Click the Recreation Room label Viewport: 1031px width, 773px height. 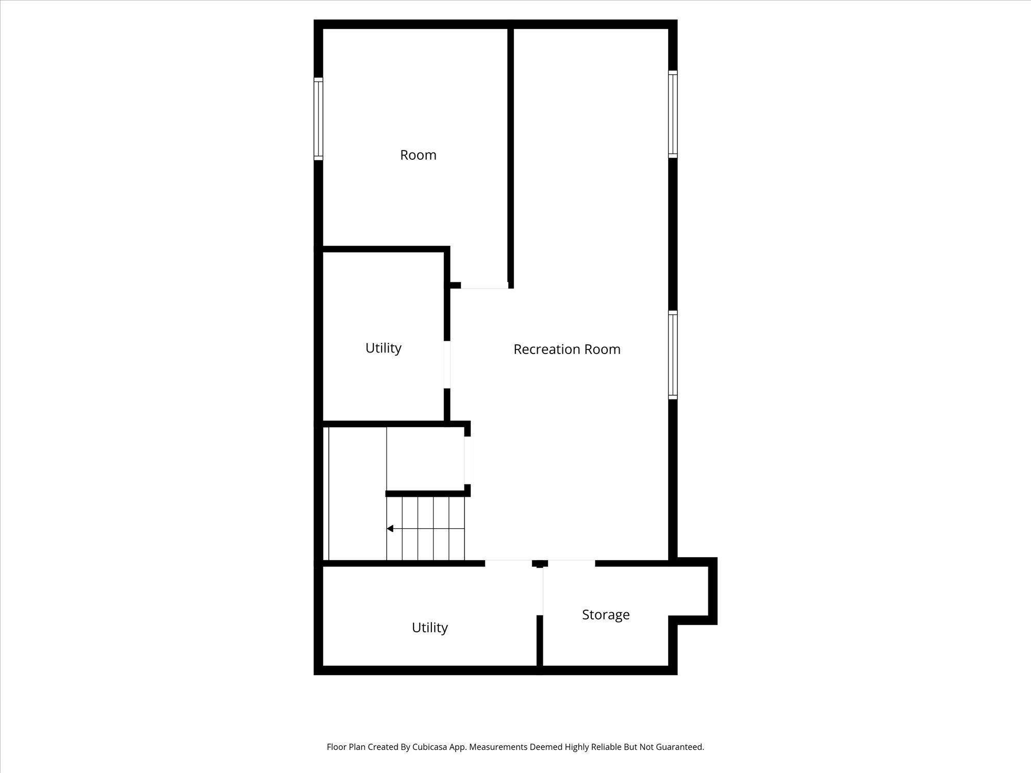567,349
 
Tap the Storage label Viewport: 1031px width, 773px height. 606,614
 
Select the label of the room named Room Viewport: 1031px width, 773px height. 418,155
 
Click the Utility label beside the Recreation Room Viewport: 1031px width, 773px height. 383,348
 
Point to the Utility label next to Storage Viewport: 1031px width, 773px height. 429,627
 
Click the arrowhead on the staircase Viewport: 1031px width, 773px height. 390,528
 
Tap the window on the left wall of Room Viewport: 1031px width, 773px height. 319,119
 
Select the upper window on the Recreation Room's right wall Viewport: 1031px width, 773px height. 673,113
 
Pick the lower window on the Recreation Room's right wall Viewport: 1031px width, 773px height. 673,355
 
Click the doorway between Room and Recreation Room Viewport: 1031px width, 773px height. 484,285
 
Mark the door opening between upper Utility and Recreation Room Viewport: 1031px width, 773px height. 447,364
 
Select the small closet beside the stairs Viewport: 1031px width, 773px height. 425,459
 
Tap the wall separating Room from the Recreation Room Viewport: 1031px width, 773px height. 511,155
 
